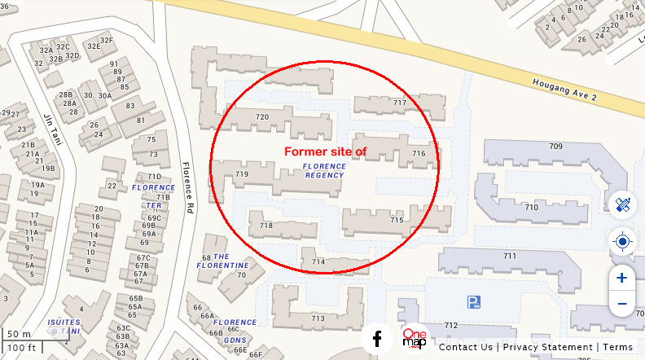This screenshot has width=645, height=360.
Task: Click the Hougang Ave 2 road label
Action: click(564, 90)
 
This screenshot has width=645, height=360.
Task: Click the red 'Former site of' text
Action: click(325, 151)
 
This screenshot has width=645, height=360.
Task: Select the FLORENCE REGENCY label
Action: click(324, 171)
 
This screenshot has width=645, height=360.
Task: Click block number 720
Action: click(262, 117)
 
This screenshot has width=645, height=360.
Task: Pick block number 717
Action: click(399, 103)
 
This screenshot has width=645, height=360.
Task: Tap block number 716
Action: click(419, 153)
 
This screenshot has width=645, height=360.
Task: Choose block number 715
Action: click(397, 220)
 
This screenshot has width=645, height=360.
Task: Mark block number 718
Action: click(265, 226)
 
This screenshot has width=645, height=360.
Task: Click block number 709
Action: click(555, 147)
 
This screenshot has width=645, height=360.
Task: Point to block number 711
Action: click(510, 257)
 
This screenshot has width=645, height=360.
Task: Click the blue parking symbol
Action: click(474, 302)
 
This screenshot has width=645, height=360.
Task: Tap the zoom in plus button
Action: click(622, 278)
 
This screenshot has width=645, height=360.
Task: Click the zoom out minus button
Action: click(622, 304)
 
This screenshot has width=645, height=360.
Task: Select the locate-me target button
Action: click(623, 241)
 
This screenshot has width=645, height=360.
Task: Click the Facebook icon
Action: click(377, 339)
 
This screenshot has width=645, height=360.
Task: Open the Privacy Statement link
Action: click(547, 347)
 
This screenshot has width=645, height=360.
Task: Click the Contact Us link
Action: click(466, 347)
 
